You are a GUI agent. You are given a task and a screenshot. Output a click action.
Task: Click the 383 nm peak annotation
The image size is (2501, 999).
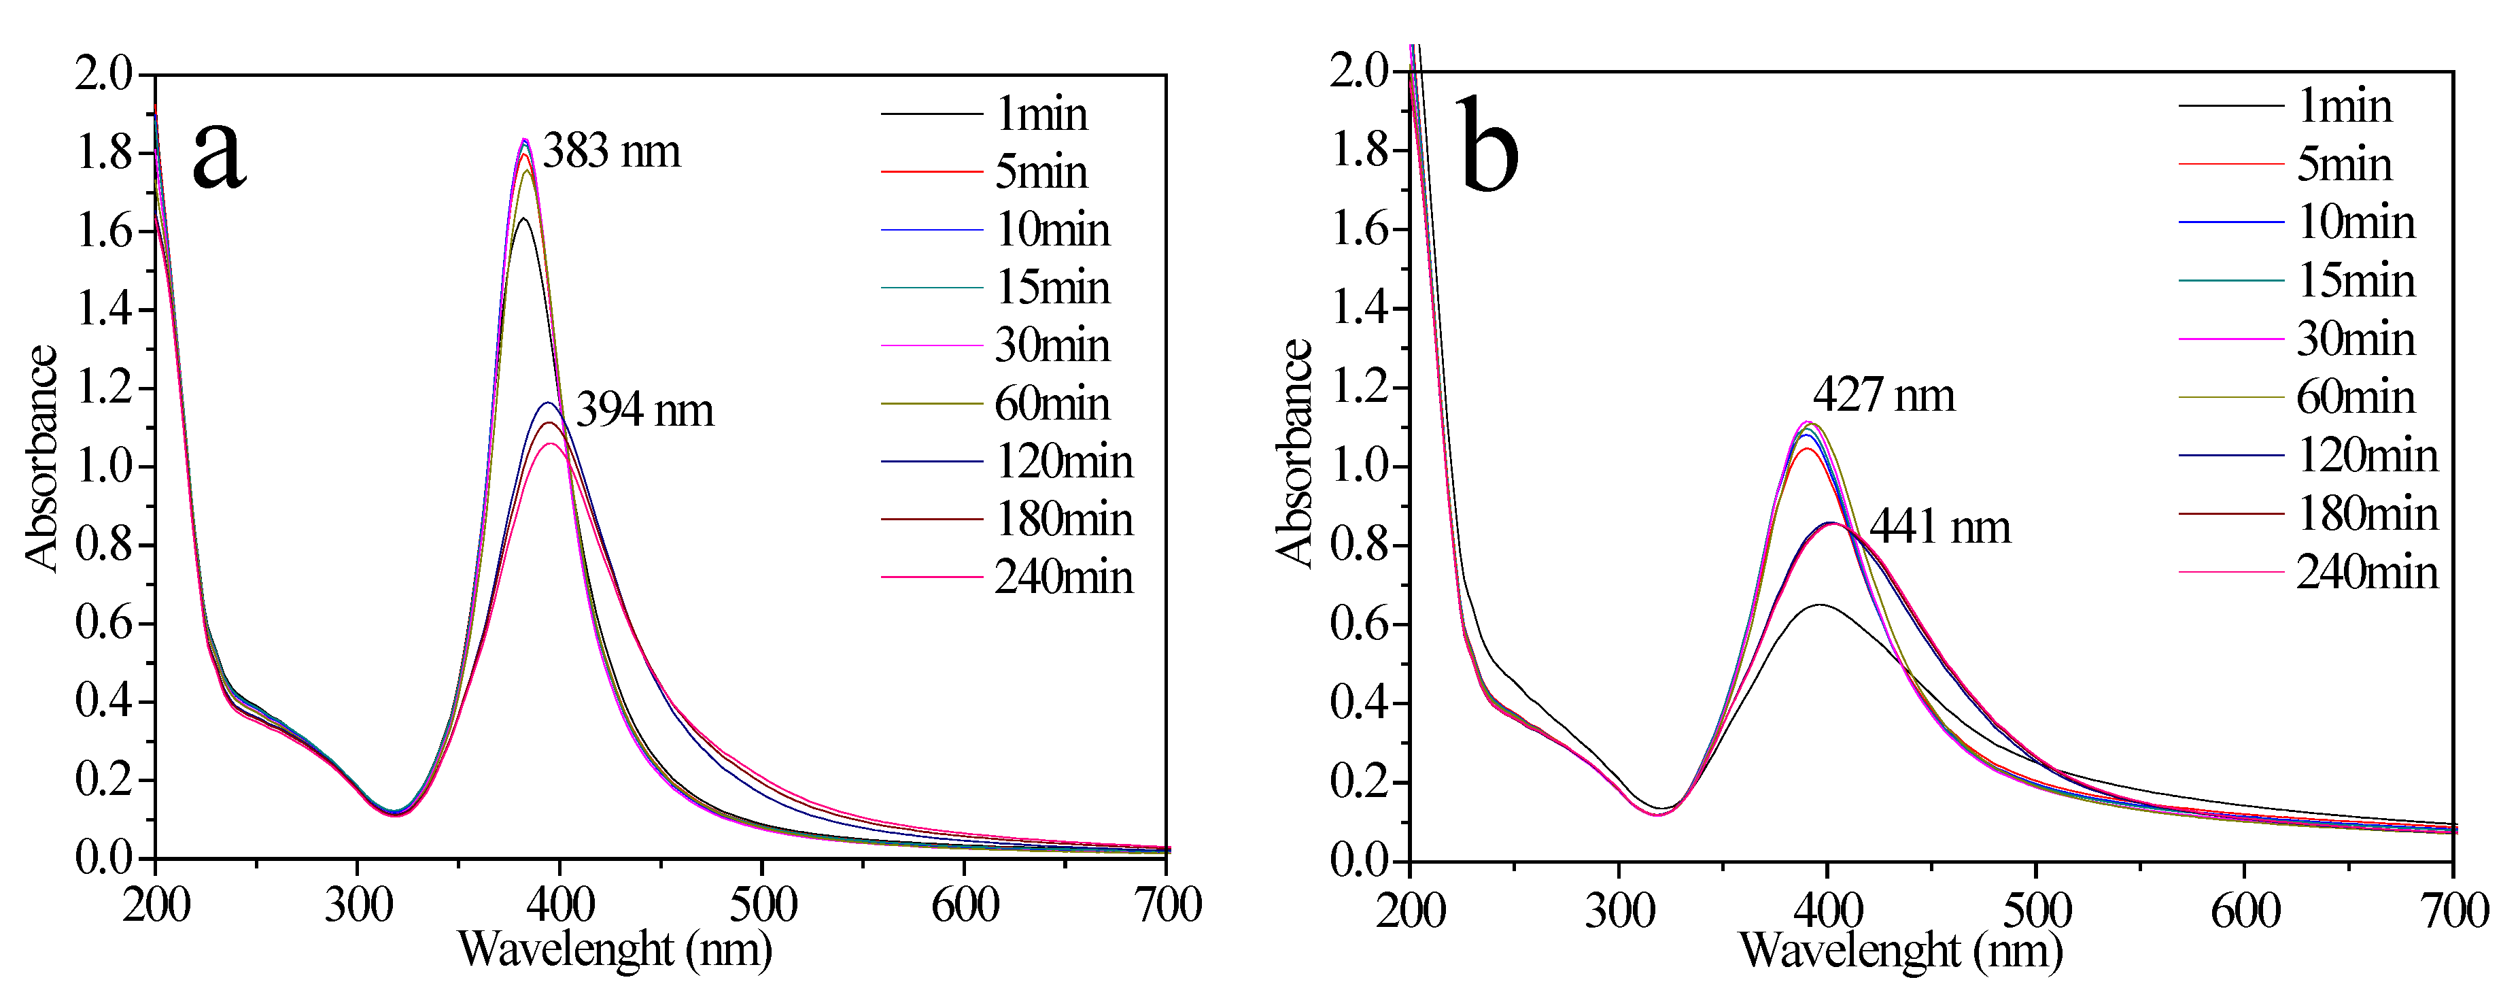tap(612, 152)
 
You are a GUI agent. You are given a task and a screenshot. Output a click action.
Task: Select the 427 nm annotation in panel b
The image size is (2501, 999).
tap(1884, 395)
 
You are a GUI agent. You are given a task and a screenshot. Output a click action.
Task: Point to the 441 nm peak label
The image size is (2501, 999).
tap(1940, 527)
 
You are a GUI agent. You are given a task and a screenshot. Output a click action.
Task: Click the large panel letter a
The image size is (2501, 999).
tap(220, 155)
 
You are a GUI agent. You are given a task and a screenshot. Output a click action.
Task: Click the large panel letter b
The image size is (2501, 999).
tap(1487, 146)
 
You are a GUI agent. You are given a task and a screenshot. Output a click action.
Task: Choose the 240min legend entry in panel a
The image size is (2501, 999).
tap(1063, 577)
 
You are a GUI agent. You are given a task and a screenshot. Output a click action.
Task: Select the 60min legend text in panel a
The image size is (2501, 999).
tap(1052, 404)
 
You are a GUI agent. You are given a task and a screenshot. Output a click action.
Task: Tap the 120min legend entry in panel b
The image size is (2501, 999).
tap(2367, 456)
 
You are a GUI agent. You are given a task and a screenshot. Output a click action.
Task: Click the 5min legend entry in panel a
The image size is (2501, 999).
tap(1041, 172)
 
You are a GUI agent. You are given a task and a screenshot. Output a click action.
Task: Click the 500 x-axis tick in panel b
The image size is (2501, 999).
tap(2037, 911)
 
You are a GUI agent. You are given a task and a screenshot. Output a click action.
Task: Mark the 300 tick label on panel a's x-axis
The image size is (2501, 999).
tap(358, 906)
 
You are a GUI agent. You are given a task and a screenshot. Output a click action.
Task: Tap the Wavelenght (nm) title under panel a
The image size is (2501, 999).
tap(615, 949)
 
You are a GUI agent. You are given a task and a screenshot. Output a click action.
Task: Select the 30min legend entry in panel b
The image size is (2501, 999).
tap(2356, 339)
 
